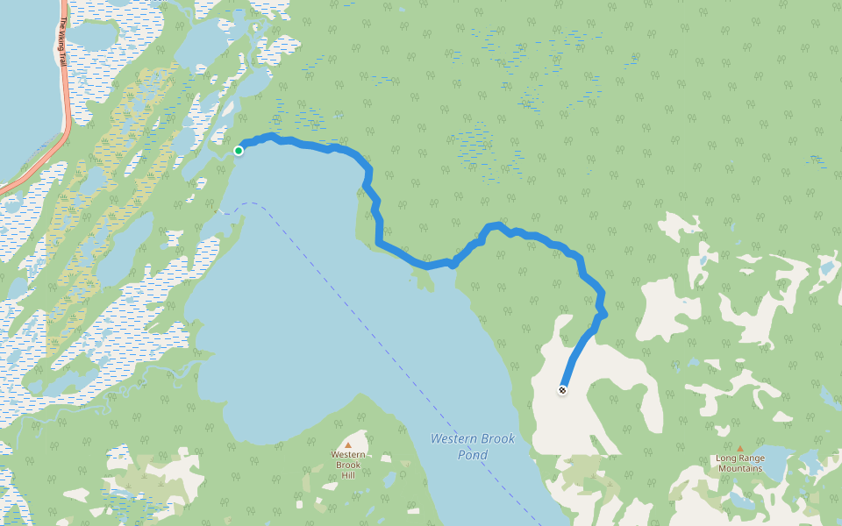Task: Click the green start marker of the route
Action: (x=239, y=151)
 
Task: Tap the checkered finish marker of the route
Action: (x=562, y=390)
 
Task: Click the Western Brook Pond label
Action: (x=473, y=446)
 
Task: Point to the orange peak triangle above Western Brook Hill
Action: (x=348, y=445)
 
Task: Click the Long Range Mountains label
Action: (x=739, y=463)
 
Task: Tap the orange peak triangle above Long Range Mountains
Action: (x=739, y=448)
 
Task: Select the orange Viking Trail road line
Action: (x=67, y=105)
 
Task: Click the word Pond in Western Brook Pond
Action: (x=473, y=455)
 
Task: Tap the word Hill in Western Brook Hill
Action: (x=348, y=475)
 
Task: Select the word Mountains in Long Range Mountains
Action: (x=739, y=468)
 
